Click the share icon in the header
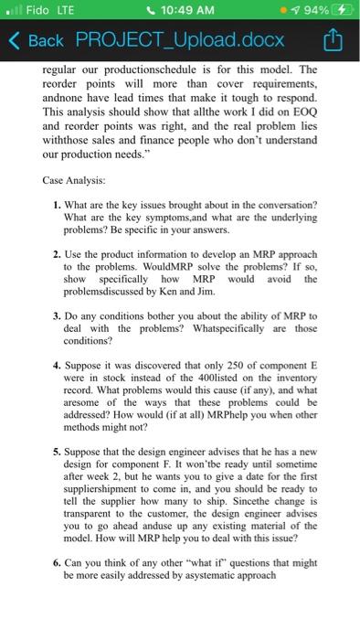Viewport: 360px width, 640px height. point(335,41)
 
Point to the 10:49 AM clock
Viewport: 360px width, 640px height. point(181,11)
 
